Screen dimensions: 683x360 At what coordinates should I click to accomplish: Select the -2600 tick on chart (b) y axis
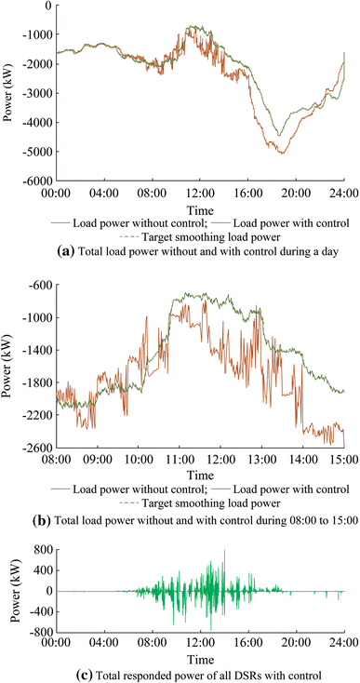pos(34,448)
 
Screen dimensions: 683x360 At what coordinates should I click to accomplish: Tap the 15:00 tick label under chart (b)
pos(343,460)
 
